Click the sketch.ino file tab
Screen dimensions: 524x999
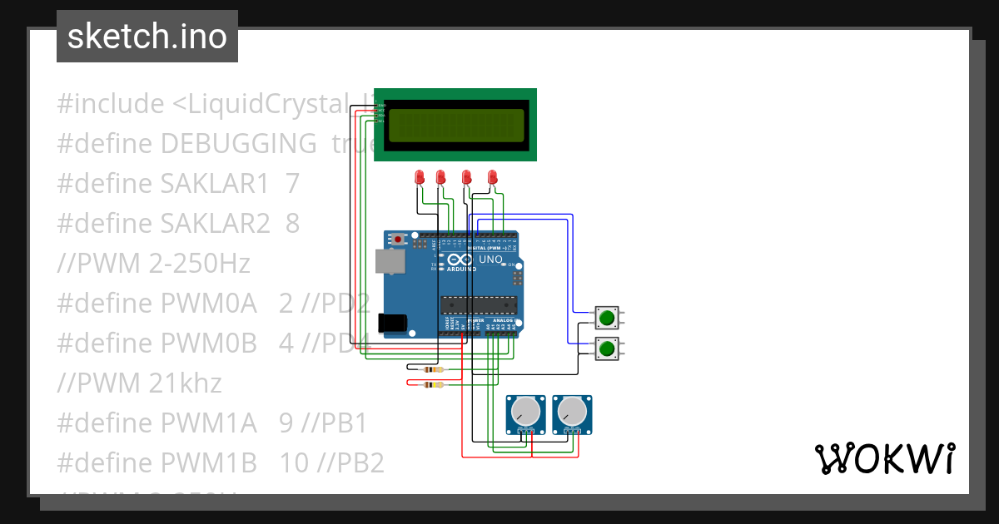point(147,37)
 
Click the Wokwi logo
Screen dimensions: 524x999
point(884,458)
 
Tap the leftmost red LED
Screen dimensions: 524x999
point(420,177)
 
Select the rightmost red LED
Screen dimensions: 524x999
point(492,177)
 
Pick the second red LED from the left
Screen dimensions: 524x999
point(440,177)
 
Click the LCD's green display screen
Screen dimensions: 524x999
point(455,125)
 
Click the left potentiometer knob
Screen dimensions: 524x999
point(525,411)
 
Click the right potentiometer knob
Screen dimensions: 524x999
point(572,411)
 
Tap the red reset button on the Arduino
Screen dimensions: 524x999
point(399,240)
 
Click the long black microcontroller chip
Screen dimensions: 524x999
point(478,306)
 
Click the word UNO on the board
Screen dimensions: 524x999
point(490,260)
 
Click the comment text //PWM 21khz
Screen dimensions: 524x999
point(139,383)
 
